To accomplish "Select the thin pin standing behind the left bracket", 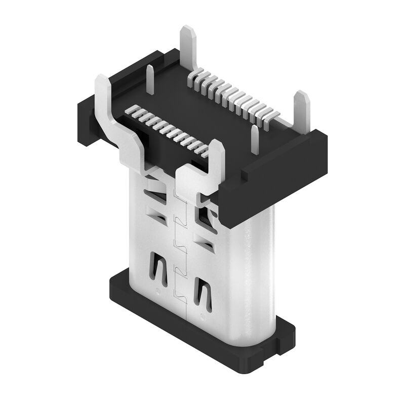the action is tap(151, 81).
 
